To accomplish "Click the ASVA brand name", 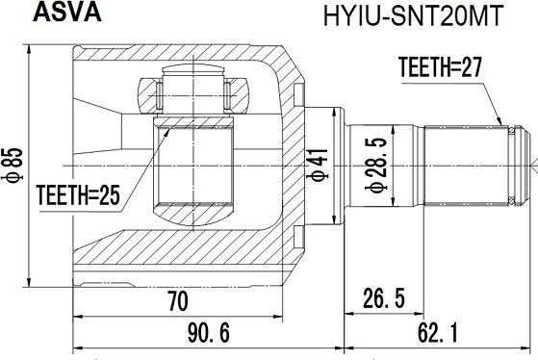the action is click(x=67, y=13).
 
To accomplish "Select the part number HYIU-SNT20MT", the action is click(x=413, y=15).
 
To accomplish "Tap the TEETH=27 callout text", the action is click(x=440, y=67).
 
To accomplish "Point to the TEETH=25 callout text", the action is click(x=78, y=195).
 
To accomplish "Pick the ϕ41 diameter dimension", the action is click(x=317, y=165).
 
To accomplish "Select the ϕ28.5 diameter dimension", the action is click(x=376, y=165).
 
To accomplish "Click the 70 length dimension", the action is click(x=178, y=301).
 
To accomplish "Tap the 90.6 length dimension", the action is click(x=209, y=333).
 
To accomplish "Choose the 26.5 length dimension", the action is click(x=384, y=298).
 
